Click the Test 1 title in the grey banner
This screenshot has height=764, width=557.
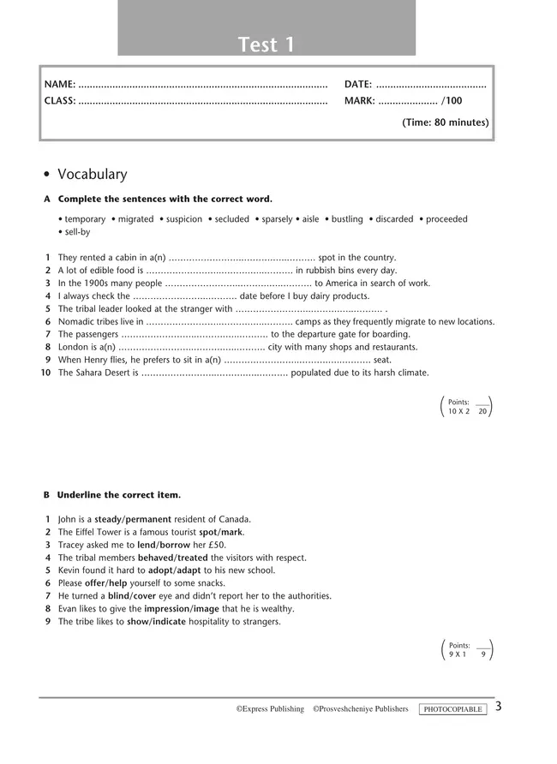(266, 45)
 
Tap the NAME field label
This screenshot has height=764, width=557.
(60, 85)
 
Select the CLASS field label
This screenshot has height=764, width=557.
(60, 101)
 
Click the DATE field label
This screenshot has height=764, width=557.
(357, 85)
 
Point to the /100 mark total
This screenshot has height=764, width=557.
(452, 101)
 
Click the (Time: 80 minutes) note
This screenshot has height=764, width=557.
(445, 122)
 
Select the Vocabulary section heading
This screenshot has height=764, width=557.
(92, 175)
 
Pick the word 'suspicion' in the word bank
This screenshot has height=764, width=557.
(183, 219)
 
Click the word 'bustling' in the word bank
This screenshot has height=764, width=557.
(347, 219)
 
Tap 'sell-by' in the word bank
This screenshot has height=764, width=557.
(77, 232)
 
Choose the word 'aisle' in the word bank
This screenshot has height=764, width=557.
(310, 219)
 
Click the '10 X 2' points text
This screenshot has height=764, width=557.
(458, 411)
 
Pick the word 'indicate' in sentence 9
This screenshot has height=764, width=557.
(168, 622)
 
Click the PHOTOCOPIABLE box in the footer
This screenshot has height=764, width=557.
(453, 709)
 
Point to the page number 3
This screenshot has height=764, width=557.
(499, 707)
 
